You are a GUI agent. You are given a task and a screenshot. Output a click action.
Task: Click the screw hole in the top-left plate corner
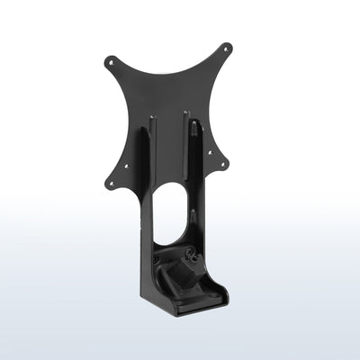(111, 63)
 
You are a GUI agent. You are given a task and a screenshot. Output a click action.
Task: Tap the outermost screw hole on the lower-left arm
(112, 183)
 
